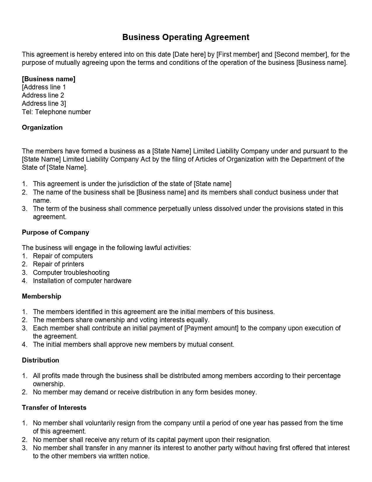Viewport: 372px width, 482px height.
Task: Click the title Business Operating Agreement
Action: point(186,37)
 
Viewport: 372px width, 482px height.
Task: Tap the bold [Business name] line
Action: point(48,79)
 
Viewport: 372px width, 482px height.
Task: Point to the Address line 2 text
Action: point(43,95)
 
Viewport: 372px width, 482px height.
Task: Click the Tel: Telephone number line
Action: point(56,112)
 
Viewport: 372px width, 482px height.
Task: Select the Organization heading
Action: point(42,127)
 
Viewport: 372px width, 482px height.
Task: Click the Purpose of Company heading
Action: point(55,232)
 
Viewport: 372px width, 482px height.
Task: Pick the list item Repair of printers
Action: point(58,264)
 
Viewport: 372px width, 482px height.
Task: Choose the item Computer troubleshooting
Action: point(71,273)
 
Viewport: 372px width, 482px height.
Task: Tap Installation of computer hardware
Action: point(82,281)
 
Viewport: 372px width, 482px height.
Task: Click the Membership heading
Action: point(41,296)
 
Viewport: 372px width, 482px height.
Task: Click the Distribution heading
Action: point(40,360)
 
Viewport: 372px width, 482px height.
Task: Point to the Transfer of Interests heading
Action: point(54,408)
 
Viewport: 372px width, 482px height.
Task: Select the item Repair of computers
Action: point(63,256)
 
